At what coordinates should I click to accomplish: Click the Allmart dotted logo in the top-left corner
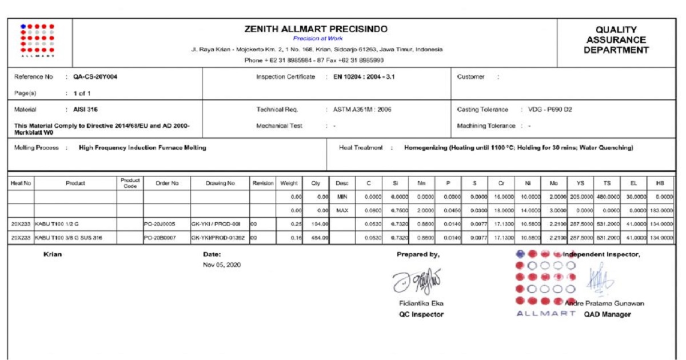(x=37, y=39)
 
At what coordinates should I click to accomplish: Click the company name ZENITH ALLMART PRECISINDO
(x=316, y=29)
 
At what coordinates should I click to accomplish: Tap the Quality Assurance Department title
(x=616, y=39)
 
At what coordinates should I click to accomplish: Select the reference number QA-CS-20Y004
(x=95, y=77)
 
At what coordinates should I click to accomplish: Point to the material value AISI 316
(x=81, y=109)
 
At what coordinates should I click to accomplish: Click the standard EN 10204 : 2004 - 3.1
(x=368, y=77)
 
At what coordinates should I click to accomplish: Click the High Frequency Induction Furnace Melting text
(x=142, y=147)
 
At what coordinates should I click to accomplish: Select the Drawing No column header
(x=220, y=183)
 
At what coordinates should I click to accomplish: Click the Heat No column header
(x=21, y=183)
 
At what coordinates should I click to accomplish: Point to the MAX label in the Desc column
(x=342, y=210)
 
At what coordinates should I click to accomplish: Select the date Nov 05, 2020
(x=222, y=265)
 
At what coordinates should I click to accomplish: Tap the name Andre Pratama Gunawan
(x=604, y=303)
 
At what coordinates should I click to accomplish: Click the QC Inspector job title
(x=421, y=314)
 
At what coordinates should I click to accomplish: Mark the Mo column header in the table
(x=553, y=183)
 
